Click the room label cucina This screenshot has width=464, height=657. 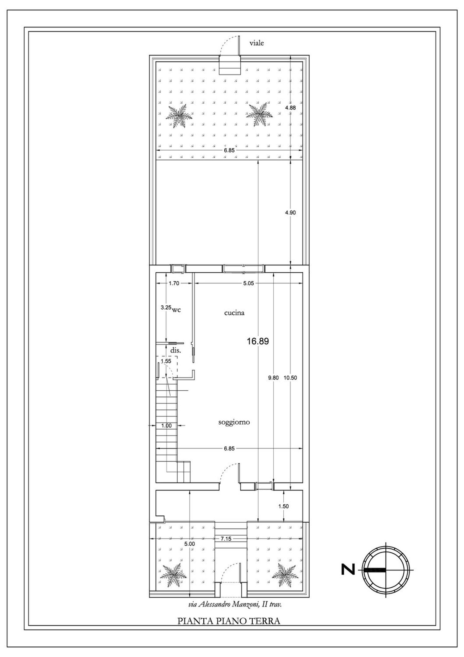pos(234,313)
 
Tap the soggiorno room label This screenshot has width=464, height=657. pos(234,422)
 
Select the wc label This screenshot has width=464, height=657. pos(176,310)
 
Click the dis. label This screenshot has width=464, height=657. pos(175,351)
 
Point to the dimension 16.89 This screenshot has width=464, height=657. pos(258,341)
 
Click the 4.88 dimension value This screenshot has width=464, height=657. pos(290,108)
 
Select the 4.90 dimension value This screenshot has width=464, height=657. pos(290,213)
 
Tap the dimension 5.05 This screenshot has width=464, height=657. pos(248,283)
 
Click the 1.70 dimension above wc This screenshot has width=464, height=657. pos(174,283)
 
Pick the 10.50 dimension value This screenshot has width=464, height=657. pos(290,378)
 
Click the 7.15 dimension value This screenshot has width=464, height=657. pos(226,539)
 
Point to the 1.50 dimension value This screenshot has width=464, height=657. pos(283,507)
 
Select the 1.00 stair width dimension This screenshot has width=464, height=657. pos(166,426)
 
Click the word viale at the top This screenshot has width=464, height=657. pos(257,43)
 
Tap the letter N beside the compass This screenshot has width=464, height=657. pos(348,570)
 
